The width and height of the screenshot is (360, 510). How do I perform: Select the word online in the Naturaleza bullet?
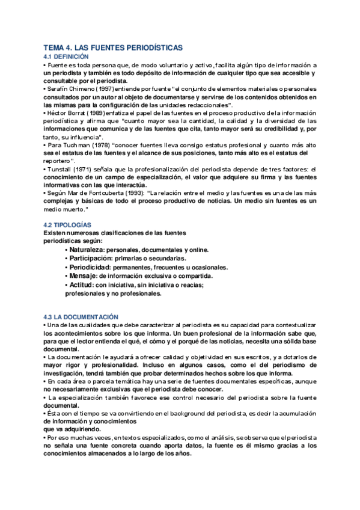[x=198, y=249]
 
